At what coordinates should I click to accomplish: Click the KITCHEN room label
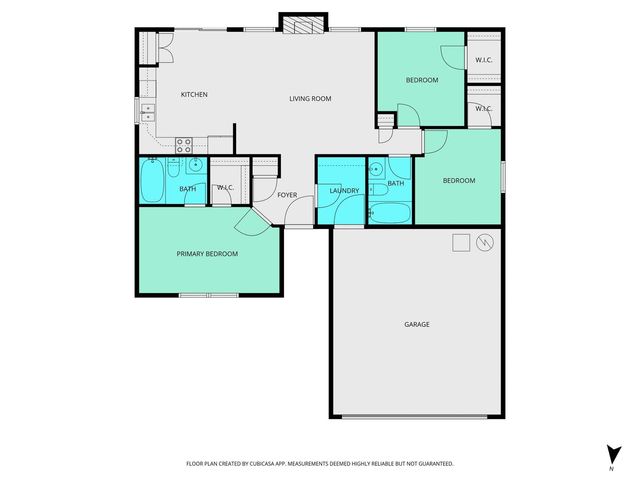tap(194, 95)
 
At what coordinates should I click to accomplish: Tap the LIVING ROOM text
tap(310, 98)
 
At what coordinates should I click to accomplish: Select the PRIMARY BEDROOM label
tap(207, 254)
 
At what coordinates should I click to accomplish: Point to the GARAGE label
tap(417, 324)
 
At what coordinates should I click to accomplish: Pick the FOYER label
tap(287, 194)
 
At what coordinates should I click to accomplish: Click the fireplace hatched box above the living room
tap(303, 25)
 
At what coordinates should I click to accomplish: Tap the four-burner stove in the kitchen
tap(184, 144)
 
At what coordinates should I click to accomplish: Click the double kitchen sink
tap(148, 109)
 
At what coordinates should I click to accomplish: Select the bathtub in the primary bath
tap(153, 182)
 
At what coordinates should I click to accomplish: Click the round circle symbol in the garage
tap(484, 243)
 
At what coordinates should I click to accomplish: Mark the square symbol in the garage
tap(460, 242)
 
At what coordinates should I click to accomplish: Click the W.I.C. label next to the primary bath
tap(225, 187)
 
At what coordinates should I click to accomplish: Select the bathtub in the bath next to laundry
tap(389, 213)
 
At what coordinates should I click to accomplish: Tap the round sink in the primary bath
tap(196, 165)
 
